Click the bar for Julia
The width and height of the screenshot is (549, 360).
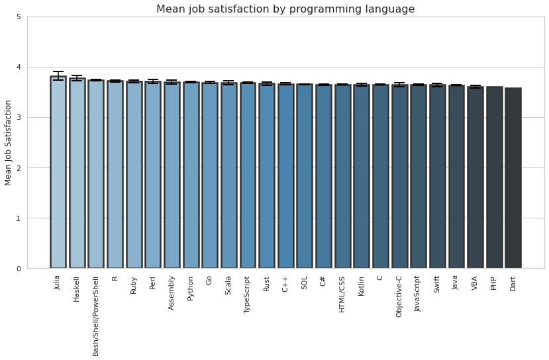[x=58, y=172]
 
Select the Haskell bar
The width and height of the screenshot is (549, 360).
[x=77, y=173]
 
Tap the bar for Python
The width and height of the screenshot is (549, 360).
[x=191, y=175]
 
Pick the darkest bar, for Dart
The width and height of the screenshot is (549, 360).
[x=513, y=178]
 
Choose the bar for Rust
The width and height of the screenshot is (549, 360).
[x=267, y=176]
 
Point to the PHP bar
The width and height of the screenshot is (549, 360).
[x=494, y=177]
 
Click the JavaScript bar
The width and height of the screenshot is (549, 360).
[x=419, y=177]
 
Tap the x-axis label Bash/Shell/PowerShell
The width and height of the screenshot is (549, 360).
[x=96, y=315]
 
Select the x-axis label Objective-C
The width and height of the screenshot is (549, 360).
[x=399, y=296]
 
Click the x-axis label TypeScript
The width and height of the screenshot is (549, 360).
[x=248, y=294]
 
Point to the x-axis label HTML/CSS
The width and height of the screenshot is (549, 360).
[x=342, y=294]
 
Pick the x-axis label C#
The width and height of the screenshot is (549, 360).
[x=323, y=281]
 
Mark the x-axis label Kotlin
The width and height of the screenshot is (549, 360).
[x=362, y=286]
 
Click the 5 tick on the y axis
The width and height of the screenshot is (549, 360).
[x=19, y=17]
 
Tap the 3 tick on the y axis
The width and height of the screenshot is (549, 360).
[x=19, y=118]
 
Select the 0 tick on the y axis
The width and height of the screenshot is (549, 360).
[x=19, y=269]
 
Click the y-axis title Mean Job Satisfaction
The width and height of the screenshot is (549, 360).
[x=9, y=142]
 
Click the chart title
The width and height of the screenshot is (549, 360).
[x=285, y=9]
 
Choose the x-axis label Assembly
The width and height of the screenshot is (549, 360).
[x=172, y=292]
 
